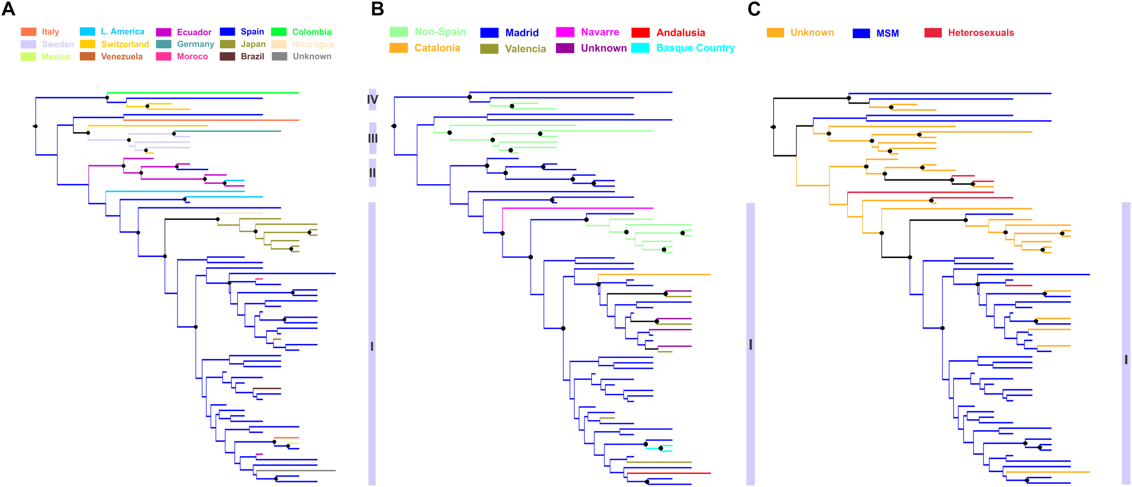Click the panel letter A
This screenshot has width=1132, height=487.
tap(8, 9)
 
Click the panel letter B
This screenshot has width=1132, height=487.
tap(377, 9)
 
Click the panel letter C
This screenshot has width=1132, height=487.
tap(754, 9)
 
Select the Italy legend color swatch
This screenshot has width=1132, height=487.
tap(29, 32)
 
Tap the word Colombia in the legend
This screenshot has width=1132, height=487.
tap(312, 32)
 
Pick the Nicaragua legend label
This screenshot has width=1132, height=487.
tap(312, 44)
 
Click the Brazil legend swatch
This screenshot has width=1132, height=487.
tap(227, 57)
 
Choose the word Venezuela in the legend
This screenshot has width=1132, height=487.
tap(121, 57)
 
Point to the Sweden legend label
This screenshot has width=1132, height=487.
tap(58, 44)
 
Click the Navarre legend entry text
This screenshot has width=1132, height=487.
tap(600, 32)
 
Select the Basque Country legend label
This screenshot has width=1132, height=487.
tap(695, 48)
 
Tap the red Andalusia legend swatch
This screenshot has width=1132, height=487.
tap(640, 33)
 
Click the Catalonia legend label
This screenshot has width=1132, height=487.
tap(437, 48)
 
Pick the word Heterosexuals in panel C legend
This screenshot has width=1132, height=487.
tap(981, 33)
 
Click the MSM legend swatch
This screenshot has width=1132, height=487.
tap(861, 33)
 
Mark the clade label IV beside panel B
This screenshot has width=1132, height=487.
tap(372, 100)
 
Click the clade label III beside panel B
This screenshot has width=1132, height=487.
tap(372, 138)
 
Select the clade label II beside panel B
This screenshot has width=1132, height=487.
tap(372, 173)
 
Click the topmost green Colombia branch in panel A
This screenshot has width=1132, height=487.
tap(204, 93)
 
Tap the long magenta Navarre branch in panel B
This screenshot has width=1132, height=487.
tap(580, 208)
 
